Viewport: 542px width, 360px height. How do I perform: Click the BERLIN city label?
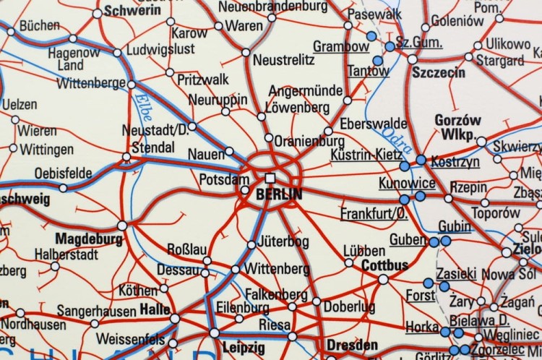280,194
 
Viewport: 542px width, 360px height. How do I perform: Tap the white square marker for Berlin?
270,177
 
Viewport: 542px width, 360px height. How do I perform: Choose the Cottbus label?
385,265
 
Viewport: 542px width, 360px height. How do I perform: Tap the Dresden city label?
352,344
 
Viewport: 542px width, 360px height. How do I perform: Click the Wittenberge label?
90,83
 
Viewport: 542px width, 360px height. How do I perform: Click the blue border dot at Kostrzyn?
421,160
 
